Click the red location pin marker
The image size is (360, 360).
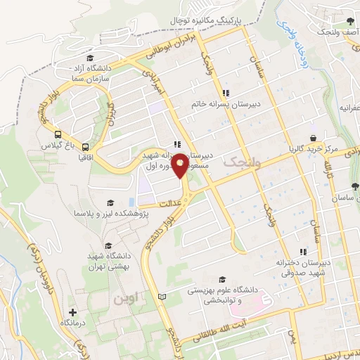[x=180, y=165]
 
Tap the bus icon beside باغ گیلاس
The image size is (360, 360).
[x=58, y=135]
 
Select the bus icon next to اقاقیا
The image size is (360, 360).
[x=85, y=148]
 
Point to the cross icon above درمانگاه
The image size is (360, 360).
[x=72, y=311]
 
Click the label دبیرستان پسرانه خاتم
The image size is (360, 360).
[x=226, y=104]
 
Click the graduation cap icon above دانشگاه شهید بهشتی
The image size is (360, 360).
[x=108, y=245]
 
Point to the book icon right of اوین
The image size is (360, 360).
[x=163, y=298]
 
